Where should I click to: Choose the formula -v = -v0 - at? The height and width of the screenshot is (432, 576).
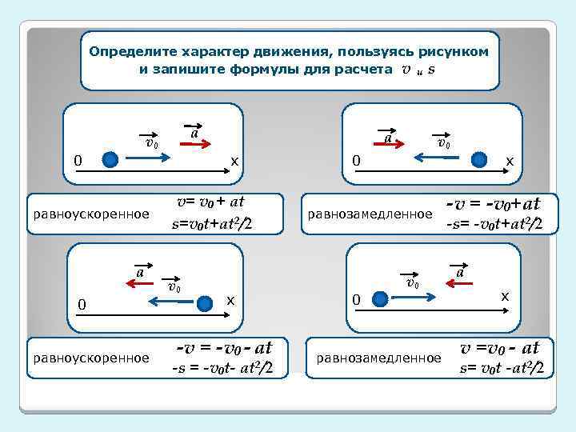225,348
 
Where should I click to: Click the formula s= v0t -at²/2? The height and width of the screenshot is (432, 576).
502,369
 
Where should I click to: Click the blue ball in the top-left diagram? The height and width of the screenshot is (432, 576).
111,160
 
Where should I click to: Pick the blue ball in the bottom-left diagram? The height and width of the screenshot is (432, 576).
206,302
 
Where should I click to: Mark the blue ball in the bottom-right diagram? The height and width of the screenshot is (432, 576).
382,299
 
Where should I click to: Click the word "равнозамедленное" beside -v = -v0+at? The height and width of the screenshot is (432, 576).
369,214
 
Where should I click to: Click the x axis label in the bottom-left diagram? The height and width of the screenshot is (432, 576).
230,299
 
